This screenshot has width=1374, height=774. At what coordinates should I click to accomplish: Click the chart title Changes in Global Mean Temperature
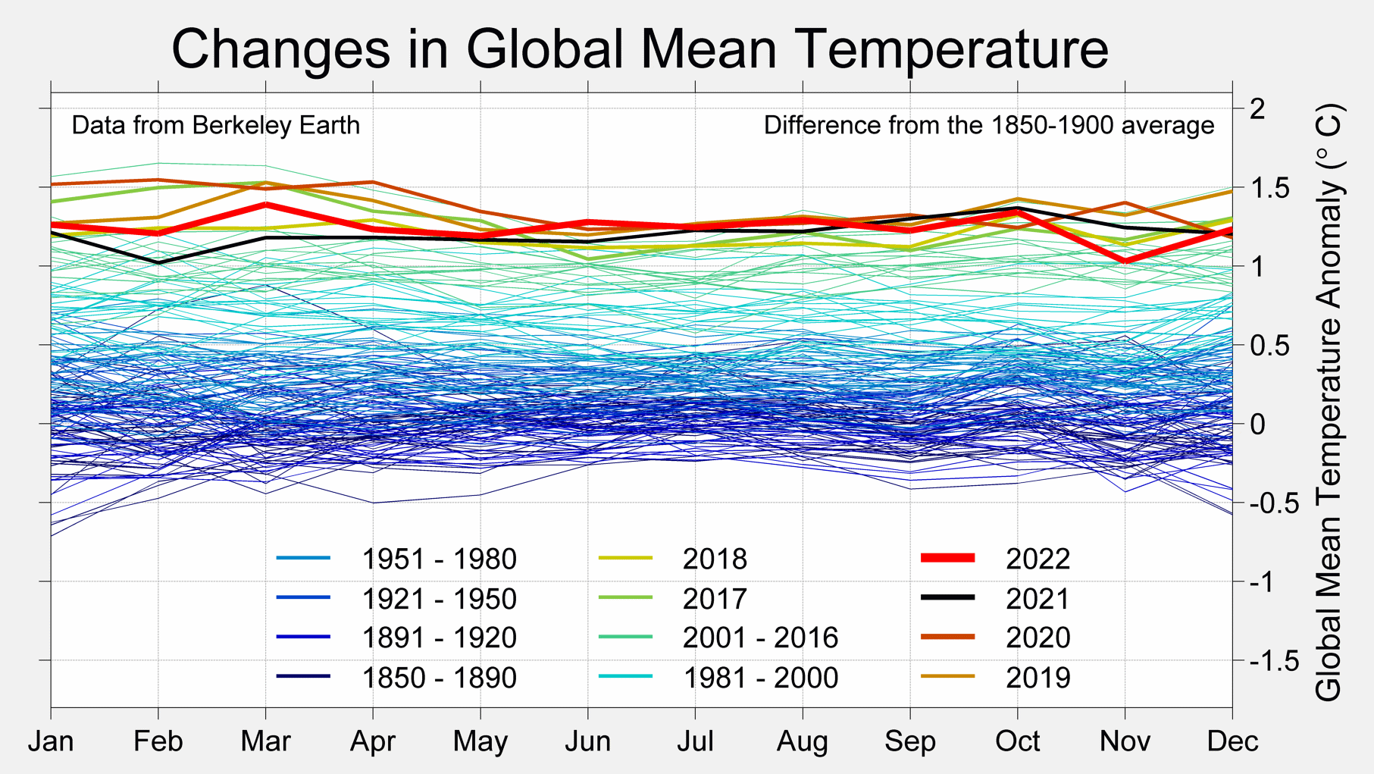(x=640, y=49)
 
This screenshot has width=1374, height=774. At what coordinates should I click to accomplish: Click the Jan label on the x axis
(x=51, y=741)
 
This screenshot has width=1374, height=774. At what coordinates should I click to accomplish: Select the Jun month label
(x=587, y=741)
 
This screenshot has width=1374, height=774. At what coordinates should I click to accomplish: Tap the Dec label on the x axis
(x=1232, y=741)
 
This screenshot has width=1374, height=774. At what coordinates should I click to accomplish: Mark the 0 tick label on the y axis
(x=1257, y=424)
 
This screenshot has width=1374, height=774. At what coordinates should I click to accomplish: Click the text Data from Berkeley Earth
(x=215, y=125)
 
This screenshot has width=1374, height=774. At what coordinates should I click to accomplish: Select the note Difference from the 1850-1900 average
(x=988, y=125)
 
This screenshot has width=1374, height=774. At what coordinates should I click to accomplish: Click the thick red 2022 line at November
(x=1125, y=260)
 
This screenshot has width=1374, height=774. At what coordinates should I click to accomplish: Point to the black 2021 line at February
(x=158, y=262)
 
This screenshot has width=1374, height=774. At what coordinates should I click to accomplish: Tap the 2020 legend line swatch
(x=947, y=637)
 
